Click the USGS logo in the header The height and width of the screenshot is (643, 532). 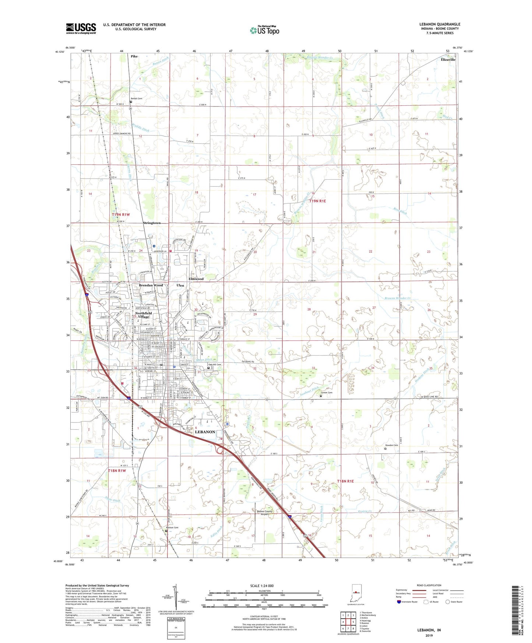pyautogui.click(x=81, y=28)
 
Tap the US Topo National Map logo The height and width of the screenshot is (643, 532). pyautogui.click(x=264, y=30)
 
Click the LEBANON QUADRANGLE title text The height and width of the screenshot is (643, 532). pyautogui.click(x=440, y=24)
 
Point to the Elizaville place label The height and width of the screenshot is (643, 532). pyautogui.click(x=448, y=59)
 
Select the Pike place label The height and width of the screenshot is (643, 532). pyautogui.click(x=134, y=56)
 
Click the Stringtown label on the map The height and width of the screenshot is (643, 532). pyautogui.click(x=152, y=223)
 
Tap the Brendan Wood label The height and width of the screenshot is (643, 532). pyautogui.click(x=151, y=285)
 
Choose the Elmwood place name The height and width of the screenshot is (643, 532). pyautogui.click(x=196, y=279)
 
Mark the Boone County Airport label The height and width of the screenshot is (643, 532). pyautogui.click(x=264, y=513)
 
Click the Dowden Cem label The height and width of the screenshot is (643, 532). pyautogui.click(x=391, y=445)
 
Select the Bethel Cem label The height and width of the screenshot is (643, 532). pyautogui.click(x=136, y=99)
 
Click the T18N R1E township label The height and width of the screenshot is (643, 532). pyautogui.click(x=345, y=481)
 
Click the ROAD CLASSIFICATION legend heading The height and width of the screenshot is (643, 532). pyautogui.click(x=429, y=585)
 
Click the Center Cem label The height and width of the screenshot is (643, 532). pyautogui.click(x=326, y=393)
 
